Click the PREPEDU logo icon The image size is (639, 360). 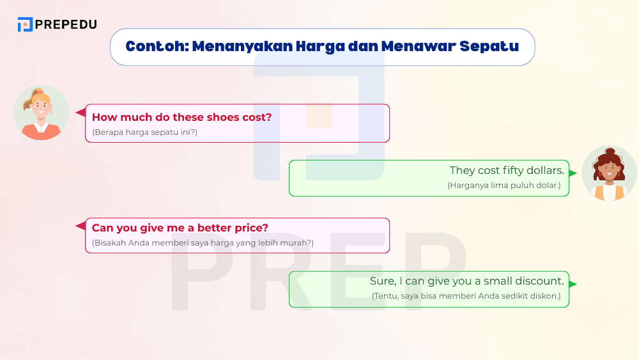pos(25,25)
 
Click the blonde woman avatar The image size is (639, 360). pos(41,113)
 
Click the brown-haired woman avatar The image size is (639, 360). pos(609,173)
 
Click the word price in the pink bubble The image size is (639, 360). pos(253,228)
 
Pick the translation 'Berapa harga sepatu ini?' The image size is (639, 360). pos(145,132)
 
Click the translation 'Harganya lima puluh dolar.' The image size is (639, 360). pos(504,185)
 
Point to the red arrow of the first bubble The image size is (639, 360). pos(81,113)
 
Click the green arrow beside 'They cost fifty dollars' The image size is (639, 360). pos(573,173)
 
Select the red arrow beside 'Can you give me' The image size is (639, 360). pos(81,226)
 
